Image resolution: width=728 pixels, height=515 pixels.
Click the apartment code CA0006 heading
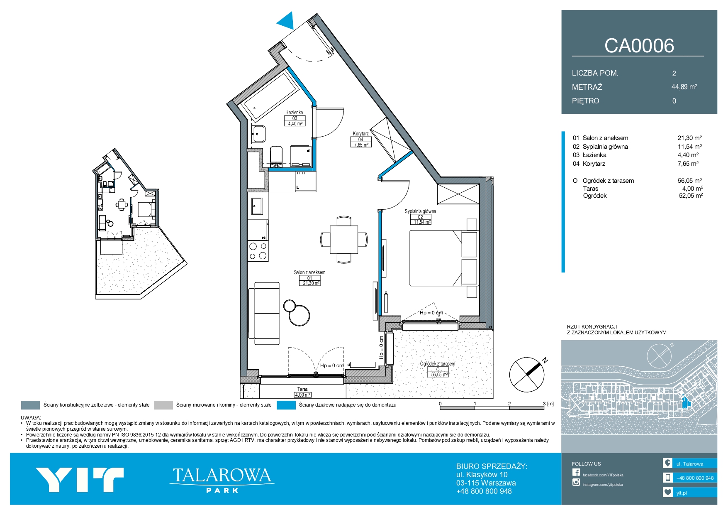point(639,46)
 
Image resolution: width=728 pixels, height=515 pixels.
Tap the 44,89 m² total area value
point(684,87)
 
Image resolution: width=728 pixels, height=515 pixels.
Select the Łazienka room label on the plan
point(295,113)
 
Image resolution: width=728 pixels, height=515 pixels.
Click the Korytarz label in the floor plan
point(360,134)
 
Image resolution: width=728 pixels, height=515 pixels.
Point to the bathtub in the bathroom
point(270,95)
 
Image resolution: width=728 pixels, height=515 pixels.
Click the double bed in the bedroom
point(444,258)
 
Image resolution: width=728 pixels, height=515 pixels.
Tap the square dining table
point(344,239)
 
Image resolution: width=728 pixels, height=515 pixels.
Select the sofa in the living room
point(264,313)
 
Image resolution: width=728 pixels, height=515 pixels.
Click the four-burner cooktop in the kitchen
point(258,251)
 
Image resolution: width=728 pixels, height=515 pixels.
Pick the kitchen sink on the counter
point(257,206)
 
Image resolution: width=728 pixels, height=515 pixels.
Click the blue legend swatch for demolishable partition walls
point(286,405)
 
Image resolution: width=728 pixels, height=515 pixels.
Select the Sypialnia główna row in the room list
point(637,147)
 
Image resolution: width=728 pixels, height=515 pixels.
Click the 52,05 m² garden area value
point(691,196)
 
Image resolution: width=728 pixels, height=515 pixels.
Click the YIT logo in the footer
point(80,480)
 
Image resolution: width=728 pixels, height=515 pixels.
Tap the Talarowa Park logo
point(222,480)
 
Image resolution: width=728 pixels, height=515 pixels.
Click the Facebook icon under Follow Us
point(576,472)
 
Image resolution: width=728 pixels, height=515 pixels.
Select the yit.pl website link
point(682,493)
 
